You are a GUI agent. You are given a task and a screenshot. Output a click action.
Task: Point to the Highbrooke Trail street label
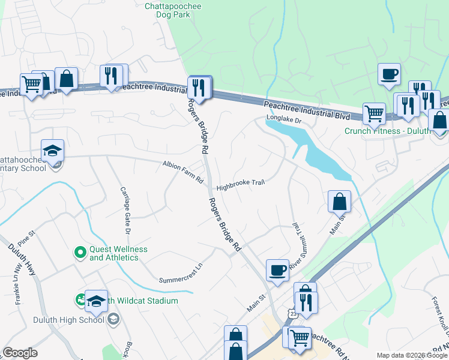[x=240, y=184]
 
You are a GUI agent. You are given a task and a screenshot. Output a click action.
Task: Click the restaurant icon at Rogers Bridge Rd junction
[x=199, y=88]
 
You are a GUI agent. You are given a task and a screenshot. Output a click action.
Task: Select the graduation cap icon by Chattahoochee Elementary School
[x=53, y=151]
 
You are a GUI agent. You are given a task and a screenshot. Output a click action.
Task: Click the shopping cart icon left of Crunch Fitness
[x=373, y=113]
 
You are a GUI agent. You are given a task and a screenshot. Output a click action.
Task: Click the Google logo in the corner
[x=20, y=353]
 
